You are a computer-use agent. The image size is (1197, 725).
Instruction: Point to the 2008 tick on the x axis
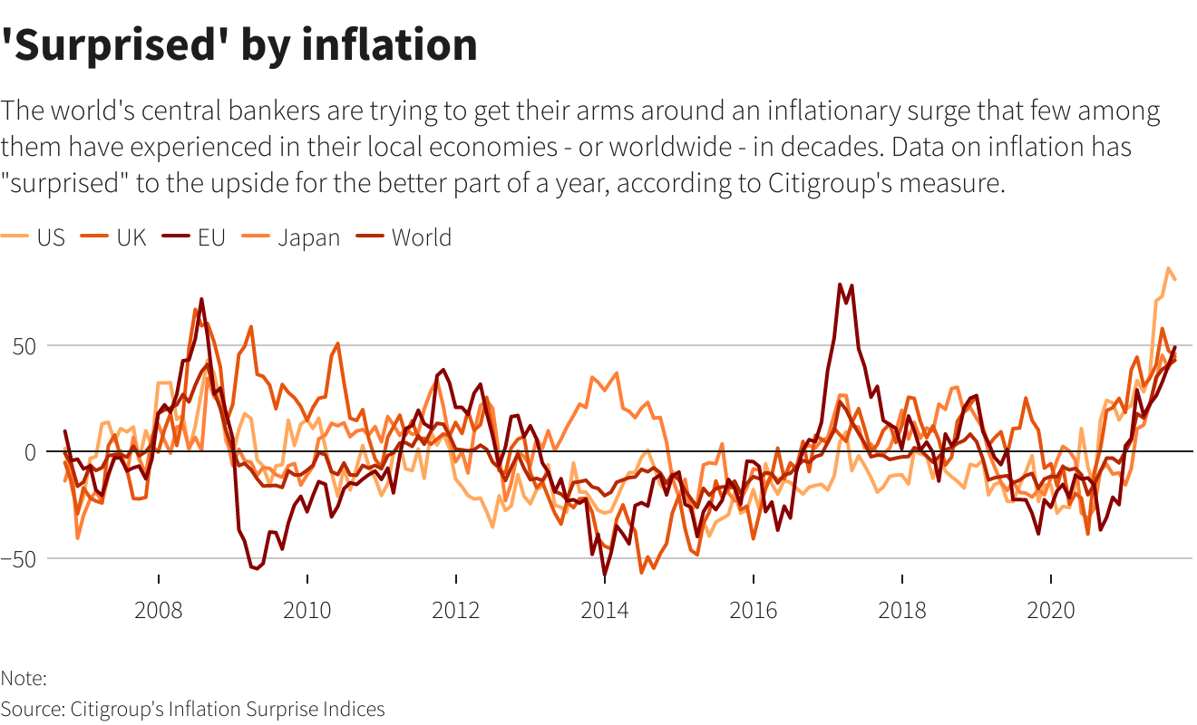point(159,610)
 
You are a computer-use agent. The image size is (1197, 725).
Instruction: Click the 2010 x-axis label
point(307,610)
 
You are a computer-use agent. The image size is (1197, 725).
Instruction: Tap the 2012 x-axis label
point(456,610)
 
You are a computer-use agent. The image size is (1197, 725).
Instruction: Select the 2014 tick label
point(605,610)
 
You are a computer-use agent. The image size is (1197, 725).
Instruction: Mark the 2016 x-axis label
point(754,610)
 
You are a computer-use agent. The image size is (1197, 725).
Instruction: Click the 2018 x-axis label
point(902,610)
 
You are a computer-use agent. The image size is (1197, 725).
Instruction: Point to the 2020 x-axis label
point(1050,610)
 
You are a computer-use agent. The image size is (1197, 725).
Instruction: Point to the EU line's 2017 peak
point(841,285)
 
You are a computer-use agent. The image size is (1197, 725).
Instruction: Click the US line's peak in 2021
point(1168,269)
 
